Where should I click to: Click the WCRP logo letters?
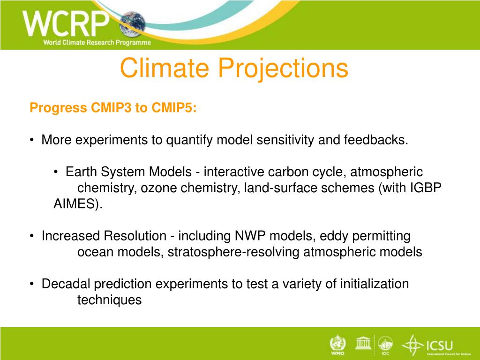click(x=66, y=23)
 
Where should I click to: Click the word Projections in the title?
click(x=283, y=67)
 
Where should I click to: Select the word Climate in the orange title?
click(x=165, y=67)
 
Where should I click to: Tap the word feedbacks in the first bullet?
click(x=376, y=140)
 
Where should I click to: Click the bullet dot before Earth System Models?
click(x=55, y=172)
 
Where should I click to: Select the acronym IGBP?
click(x=426, y=187)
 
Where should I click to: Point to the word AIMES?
click(x=75, y=203)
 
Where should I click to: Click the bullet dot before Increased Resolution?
click(x=31, y=236)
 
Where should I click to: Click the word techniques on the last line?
click(x=109, y=300)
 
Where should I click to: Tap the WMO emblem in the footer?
click(x=337, y=345)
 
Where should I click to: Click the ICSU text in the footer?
click(x=440, y=346)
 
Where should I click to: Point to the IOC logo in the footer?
click(x=385, y=345)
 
